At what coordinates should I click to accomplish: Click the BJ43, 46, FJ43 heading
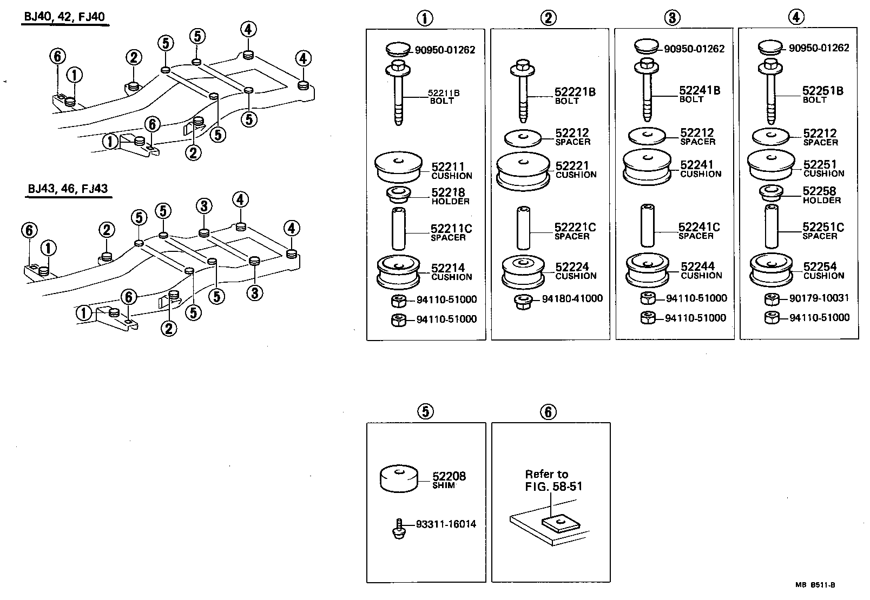pos(68,189)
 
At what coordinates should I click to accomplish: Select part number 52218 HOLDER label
pos(450,196)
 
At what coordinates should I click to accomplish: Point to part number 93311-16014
pos(446,524)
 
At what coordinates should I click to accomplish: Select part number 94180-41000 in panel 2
pos(572,298)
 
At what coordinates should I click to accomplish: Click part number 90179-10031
pos(819,298)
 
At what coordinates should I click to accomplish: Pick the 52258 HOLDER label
pos(821,195)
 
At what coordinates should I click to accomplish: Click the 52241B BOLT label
pos(700,94)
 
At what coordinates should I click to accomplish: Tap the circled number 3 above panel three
pos(671,18)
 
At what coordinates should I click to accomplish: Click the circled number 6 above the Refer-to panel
pos(548,412)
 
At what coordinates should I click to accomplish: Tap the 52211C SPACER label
pos(451,232)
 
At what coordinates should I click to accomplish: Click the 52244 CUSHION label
pos(701,270)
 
